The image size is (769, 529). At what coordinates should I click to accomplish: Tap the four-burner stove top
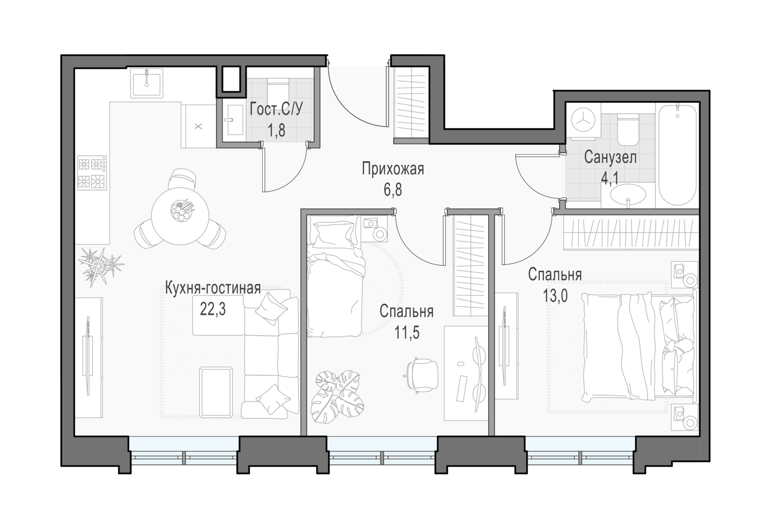click(x=92, y=173)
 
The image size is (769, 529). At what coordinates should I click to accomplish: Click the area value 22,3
click(x=213, y=310)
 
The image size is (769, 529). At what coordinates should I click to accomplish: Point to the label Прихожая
click(x=393, y=170)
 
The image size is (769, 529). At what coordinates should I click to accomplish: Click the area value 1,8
click(x=276, y=131)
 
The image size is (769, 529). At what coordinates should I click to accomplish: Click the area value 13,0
click(x=555, y=295)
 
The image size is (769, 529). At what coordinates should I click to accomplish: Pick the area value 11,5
click(x=407, y=332)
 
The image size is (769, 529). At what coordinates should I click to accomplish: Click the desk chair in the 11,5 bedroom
click(x=421, y=375)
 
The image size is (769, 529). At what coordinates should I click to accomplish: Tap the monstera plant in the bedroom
click(x=337, y=397)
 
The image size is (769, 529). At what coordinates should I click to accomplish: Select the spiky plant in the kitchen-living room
click(x=100, y=266)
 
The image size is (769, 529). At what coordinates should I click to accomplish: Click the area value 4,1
click(x=610, y=178)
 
